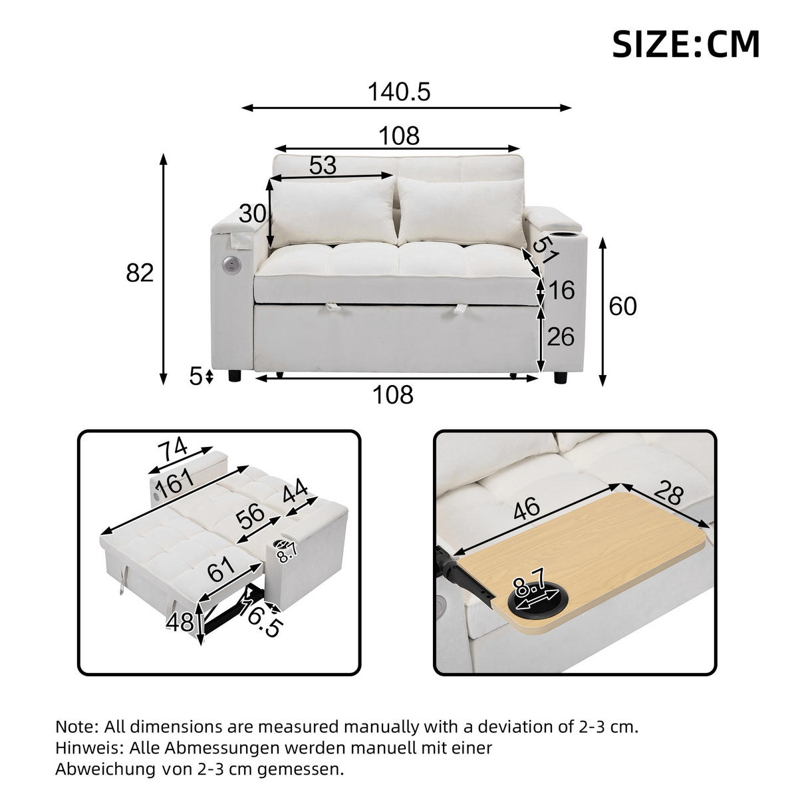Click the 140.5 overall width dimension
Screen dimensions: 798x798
(x=400, y=92)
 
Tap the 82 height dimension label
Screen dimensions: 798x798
(x=140, y=273)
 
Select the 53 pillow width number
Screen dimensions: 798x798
(x=323, y=165)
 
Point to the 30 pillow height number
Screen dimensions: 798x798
(x=253, y=214)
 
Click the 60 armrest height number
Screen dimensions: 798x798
(x=623, y=306)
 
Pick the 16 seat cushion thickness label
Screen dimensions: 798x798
(x=562, y=291)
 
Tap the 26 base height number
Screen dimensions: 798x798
(x=560, y=336)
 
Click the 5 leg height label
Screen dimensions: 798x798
(x=196, y=377)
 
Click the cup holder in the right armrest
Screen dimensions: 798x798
(x=571, y=235)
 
